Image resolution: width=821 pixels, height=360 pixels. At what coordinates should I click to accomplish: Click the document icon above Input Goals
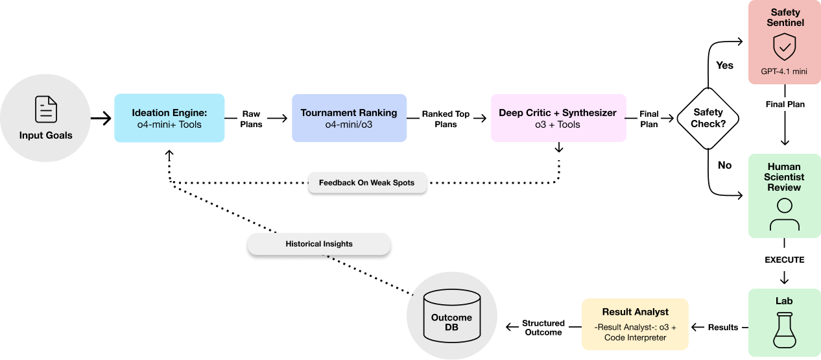point(45,109)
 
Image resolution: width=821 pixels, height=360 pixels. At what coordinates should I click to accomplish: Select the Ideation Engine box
point(169,118)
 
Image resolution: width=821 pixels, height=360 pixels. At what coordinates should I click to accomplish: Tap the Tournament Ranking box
point(349,118)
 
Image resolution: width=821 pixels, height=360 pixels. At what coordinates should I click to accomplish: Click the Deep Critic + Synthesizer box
point(558,118)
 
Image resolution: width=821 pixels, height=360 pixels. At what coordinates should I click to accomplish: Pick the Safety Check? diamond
point(708,118)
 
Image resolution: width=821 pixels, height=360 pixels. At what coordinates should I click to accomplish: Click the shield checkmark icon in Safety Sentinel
point(784,47)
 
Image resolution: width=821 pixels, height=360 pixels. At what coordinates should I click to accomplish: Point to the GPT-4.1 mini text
point(784,71)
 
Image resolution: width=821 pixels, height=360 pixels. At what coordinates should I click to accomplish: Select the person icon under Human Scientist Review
point(784,215)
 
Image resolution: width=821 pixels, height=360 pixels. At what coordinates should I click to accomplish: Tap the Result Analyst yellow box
point(635,324)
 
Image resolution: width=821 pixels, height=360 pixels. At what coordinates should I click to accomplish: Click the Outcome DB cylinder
point(451,317)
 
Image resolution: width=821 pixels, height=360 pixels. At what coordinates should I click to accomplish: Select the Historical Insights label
point(319,245)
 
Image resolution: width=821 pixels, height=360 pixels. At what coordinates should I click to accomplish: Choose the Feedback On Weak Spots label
point(367,183)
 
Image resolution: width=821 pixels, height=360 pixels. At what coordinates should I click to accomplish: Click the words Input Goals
point(45,136)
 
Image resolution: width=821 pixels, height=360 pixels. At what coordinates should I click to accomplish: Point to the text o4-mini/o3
point(349,125)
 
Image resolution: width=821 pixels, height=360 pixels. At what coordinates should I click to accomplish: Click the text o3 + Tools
point(558,125)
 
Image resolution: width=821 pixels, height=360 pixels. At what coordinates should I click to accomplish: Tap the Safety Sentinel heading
point(785,18)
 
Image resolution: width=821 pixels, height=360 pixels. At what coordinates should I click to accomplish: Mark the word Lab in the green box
point(784,301)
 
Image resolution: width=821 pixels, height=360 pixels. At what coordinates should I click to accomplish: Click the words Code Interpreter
point(635,338)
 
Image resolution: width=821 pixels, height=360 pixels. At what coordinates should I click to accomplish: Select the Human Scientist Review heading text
point(784,177)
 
